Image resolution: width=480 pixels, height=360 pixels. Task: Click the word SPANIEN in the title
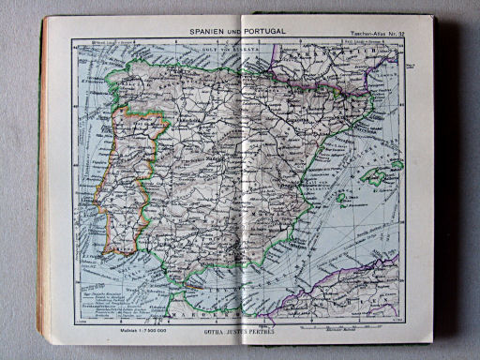coord(210,31)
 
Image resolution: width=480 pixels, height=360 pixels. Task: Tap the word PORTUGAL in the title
coord(266,31)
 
